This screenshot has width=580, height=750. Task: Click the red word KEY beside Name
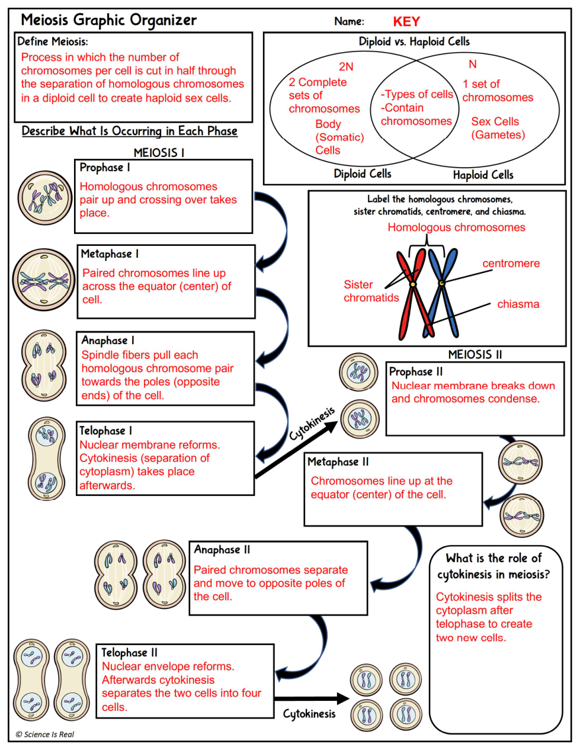coord(406,22)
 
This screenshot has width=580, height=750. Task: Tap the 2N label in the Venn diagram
coord(346,66)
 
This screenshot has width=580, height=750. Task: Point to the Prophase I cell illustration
coord(45,197)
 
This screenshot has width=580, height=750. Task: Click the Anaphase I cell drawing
coord(44,365)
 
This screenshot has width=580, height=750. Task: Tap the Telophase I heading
coord(106,431)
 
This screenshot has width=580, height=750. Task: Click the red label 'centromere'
coord(511,264)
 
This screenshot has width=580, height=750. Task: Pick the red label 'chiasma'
coord(518,304)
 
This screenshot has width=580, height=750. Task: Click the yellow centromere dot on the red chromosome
coord(413,284)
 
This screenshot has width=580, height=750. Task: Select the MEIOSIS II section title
coord(475,354)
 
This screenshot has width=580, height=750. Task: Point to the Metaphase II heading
coord(338,461)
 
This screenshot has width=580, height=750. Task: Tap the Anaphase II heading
coord(222,550)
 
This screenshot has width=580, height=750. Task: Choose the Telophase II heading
coord(129,653)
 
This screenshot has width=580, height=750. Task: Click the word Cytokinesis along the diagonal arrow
coord(312,424)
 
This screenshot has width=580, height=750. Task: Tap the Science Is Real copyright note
coord(45,735)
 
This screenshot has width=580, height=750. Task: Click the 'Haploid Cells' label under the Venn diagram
coord(483,175)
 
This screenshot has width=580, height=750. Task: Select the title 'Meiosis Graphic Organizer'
coord(108,20)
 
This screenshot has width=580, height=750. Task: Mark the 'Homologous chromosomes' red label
coord(457,227)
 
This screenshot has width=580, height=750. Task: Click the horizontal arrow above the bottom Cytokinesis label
coord(312,699)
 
